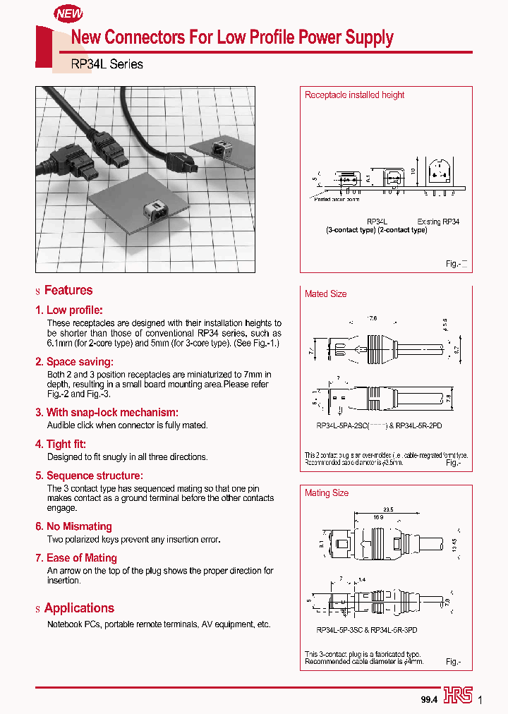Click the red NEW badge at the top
[69, 13]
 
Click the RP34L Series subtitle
[107, 64]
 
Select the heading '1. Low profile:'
[69, 310]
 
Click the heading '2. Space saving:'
[75, 361]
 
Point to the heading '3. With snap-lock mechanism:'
[107, 412]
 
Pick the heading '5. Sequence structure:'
[89, 476]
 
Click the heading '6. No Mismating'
[74, 526]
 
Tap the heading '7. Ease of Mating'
[76, 558]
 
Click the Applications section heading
[79, 608]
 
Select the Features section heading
[68, 290]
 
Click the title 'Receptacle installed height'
[354, 95]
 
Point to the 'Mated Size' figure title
[325, 294]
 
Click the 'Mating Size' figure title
[327, 493]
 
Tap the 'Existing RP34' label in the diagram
[438, 222]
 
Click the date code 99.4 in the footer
[429, 699]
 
